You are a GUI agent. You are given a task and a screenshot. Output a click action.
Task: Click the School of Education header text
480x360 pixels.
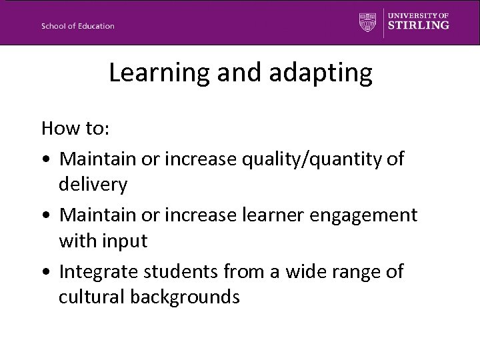tap(77, 26)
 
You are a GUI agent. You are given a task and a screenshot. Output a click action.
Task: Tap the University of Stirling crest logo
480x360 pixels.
tap(367, 21)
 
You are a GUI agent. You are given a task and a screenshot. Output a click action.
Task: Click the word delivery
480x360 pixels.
tap(93, 184)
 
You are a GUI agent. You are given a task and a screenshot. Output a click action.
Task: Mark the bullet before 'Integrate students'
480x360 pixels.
tap(45, 271)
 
